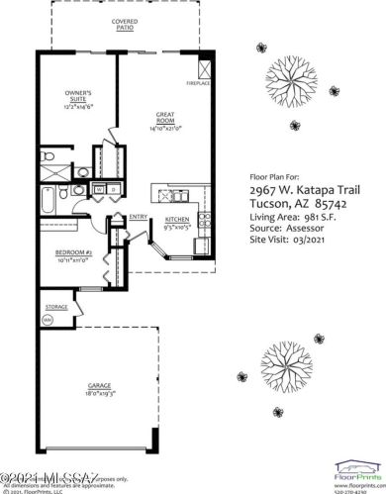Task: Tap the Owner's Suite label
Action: (76, 96)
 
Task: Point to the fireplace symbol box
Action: (205, 71)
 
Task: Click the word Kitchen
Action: (177, 218)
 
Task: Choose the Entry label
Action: (139, 217)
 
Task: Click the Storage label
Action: (56, 307)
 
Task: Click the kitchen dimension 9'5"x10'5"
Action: (177, 226)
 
